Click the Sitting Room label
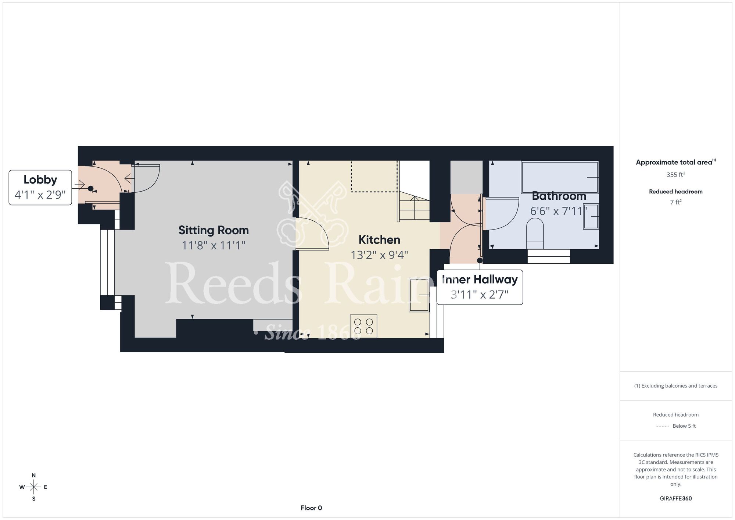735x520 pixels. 214,230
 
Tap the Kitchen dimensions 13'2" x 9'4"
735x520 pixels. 379,255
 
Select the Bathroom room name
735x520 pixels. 559,196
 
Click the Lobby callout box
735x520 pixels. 40,188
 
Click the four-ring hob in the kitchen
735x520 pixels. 363,326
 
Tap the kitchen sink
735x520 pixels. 419,295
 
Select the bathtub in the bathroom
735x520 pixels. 560,177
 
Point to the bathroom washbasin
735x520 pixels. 591,217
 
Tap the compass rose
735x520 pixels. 34,487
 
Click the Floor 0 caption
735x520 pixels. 311,508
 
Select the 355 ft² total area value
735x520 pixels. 676,175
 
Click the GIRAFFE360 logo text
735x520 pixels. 676,499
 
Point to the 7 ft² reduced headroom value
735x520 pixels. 676,202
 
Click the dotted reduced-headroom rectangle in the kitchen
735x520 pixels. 374,177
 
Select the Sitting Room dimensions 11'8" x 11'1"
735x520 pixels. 214,245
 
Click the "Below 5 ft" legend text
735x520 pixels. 684,426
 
